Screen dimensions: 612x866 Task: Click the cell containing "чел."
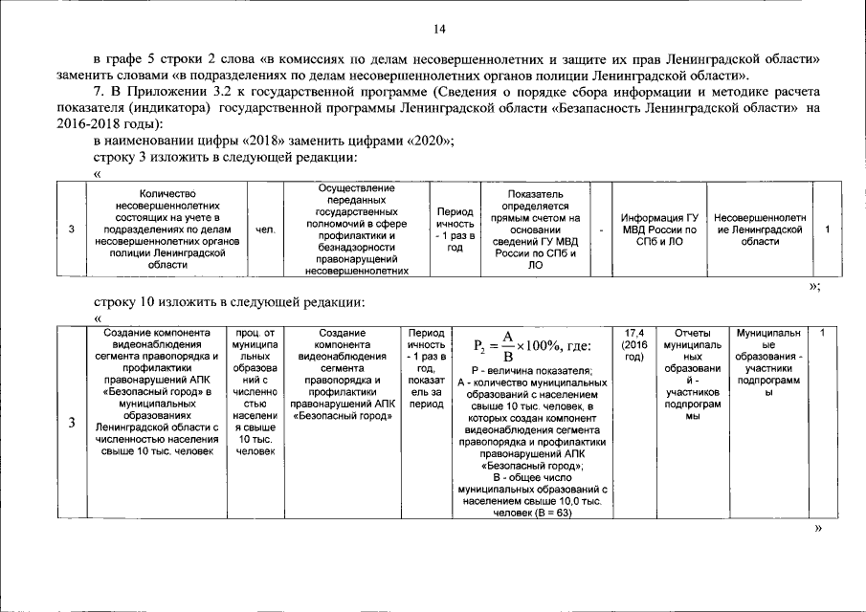coord(265,229)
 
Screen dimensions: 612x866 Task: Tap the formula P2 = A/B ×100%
coord(533,345)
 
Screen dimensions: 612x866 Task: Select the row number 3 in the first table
coord(73,229)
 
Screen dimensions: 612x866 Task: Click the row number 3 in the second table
coord(73,424)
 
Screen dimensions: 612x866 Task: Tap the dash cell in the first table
coord(601,229)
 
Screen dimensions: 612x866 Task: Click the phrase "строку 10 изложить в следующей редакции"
coord(230,302)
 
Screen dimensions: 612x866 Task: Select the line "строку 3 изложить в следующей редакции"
coord(225,157)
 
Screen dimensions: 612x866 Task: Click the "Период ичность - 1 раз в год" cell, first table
coord(455,229)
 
